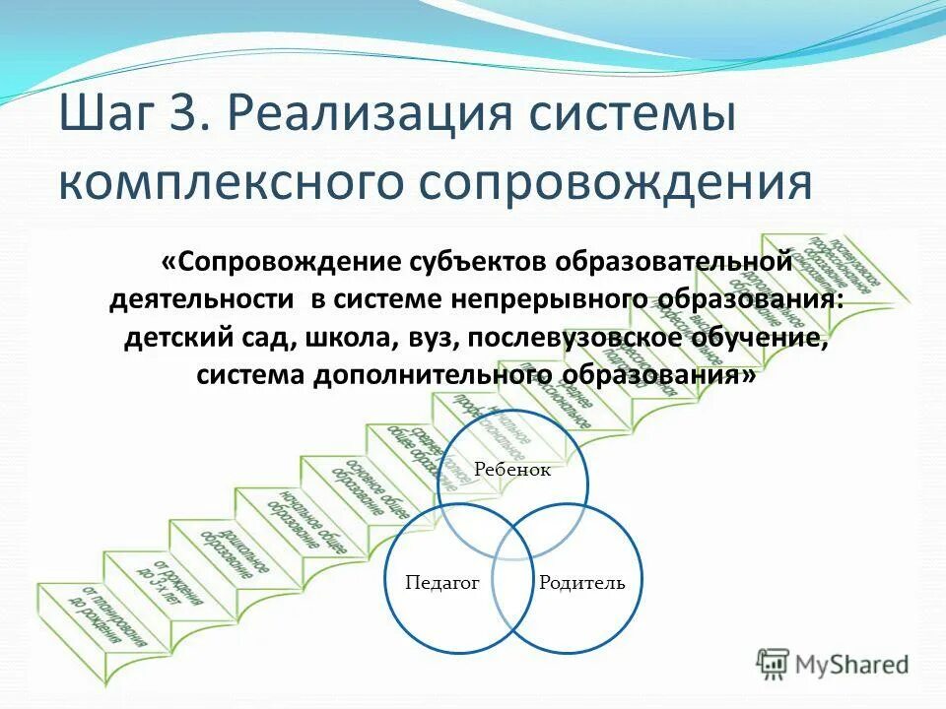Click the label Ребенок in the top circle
pyautogui.click(x=511, y=470)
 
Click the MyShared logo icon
pyautogui.click(x=773, y=664)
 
